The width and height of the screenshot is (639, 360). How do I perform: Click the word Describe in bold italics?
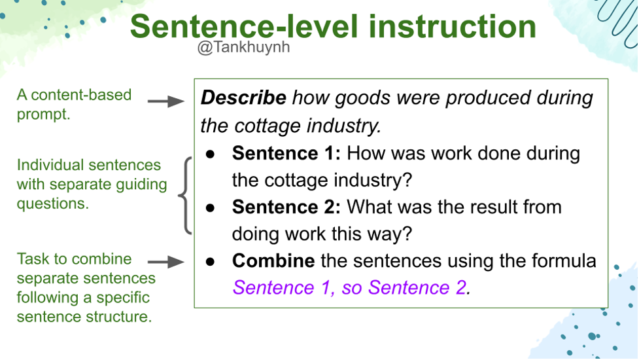point(244,98)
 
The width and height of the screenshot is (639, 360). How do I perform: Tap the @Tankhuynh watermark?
point(244,47)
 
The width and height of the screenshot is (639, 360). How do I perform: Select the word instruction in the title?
point(453,26)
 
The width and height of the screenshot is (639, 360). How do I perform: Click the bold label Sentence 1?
point(286,153)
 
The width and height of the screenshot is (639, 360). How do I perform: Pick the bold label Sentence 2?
point(286,207)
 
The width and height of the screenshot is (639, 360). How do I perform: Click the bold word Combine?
point(273,261)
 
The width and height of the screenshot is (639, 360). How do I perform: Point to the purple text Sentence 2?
point(417,287)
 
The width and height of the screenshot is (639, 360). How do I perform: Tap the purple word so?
point(352,288)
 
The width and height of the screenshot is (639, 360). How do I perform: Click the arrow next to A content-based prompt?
point(166,101)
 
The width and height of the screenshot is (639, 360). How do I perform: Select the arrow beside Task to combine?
point(166,262)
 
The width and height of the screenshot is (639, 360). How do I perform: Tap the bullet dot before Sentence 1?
point(211,154)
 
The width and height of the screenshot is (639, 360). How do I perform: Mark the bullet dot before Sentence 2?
point(211,208)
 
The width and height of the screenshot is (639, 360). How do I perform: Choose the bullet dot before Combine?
point(211,262)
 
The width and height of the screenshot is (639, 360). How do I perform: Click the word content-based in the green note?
point(81,95)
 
